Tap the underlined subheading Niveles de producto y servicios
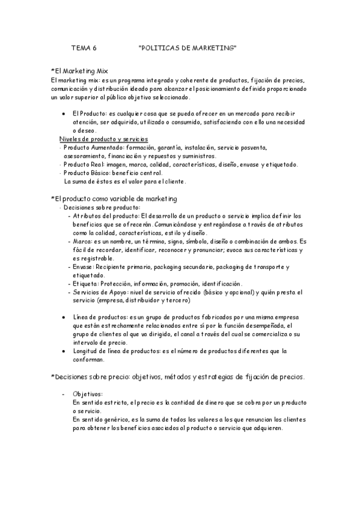coord(103,139)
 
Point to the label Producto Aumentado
coord(90,147)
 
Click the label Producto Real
coord(83,164)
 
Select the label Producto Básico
coord(86,173)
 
